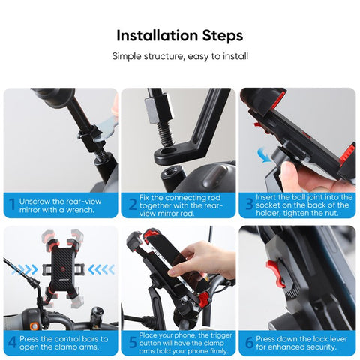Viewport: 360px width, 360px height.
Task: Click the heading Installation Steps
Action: coord(180,36)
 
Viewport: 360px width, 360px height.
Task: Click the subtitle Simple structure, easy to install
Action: coord(180,56)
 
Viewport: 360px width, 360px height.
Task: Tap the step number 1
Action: coord(11,204)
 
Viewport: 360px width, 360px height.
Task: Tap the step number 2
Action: coord(132,204)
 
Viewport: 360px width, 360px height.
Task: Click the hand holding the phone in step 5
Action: coord(199,259)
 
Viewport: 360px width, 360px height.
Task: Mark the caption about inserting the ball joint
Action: coord(304,204)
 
